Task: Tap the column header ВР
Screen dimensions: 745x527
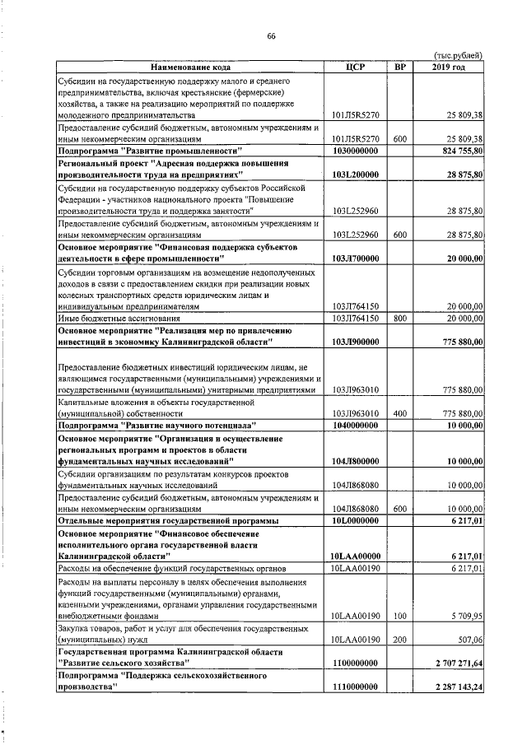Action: coord(400,66)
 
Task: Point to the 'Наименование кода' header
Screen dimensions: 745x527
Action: coord(190,66)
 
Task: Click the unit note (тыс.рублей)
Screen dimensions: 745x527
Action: coord(457,55)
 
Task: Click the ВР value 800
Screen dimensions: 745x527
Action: coord(400,317)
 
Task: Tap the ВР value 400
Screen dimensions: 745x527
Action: coord(400,412)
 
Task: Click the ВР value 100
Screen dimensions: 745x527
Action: coord(400,615)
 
